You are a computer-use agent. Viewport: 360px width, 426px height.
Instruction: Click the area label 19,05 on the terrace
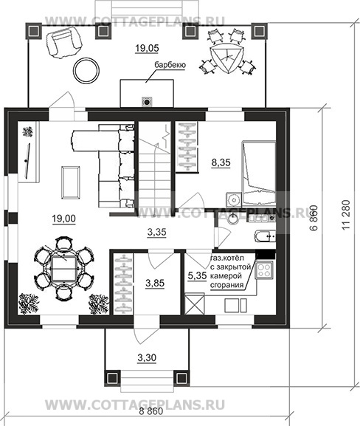tap(147, 49)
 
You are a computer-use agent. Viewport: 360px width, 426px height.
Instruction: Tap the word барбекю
tap(170, 65)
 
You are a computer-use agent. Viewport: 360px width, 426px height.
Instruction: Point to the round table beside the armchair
tap(86, 71)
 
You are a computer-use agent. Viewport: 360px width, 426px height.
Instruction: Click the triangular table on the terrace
tap(225, 58)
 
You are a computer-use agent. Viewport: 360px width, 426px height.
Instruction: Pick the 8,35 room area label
tap(221, 162)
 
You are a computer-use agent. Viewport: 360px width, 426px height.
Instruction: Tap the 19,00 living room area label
tap(64, 219)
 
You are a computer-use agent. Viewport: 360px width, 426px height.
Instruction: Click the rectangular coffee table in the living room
tap(71, 182)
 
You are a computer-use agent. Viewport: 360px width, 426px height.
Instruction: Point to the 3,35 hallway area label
tap(156, 233)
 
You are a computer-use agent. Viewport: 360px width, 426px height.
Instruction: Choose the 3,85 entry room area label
tap(155, 284)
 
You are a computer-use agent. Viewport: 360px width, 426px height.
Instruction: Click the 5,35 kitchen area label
tap(198, 276)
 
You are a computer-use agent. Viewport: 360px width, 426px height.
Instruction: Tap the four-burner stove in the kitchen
tap(263, 270)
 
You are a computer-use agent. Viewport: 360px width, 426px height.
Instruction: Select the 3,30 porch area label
tap(147, 358)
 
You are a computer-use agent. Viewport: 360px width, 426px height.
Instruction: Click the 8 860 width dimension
tap(151, 411)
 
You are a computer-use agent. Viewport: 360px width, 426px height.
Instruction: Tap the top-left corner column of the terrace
tap(34, 31)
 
